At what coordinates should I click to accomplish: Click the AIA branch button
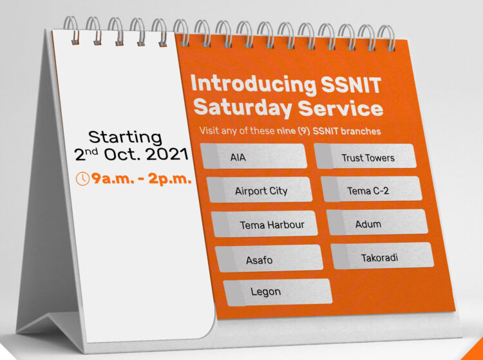pos(254,156)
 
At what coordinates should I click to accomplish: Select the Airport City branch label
pos(260,191)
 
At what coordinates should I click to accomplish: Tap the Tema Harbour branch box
pos(265,225)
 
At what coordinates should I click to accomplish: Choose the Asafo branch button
pos(269,260)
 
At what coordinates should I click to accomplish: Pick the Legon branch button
pos(277,292)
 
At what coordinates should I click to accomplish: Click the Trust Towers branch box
pos(365,157)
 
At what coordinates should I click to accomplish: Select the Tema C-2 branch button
pos(371,190)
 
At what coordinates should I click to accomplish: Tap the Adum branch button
pos(377,223)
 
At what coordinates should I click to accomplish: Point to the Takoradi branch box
pos(382,257)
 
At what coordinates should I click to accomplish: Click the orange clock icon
pos(82,179)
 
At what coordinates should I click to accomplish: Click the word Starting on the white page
pos(125,137)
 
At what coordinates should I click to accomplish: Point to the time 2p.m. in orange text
pos(170,179)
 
